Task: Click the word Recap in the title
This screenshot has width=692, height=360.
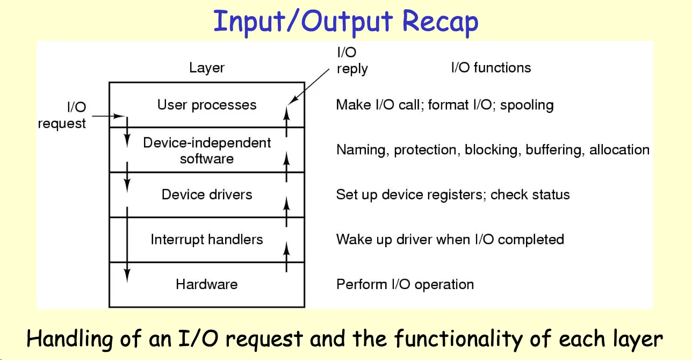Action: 440,21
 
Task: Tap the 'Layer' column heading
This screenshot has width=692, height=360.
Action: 207,68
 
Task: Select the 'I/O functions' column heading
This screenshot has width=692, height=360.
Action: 491,68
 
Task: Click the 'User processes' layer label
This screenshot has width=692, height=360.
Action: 207,105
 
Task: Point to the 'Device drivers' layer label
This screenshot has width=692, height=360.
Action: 207,195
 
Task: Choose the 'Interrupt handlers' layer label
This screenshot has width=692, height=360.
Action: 207,240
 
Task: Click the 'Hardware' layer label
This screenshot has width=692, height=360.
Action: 207,284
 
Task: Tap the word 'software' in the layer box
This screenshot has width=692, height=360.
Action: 207,159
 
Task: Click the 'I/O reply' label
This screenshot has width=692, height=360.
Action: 352,61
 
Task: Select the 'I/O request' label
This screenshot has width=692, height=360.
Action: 62,116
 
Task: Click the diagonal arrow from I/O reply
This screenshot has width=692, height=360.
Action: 308,87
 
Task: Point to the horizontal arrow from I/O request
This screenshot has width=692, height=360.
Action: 109,116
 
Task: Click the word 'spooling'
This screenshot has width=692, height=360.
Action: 527,105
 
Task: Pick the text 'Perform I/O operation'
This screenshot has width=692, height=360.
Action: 405,284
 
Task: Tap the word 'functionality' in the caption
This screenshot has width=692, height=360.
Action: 458,339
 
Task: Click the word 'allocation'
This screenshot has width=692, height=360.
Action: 619,150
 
